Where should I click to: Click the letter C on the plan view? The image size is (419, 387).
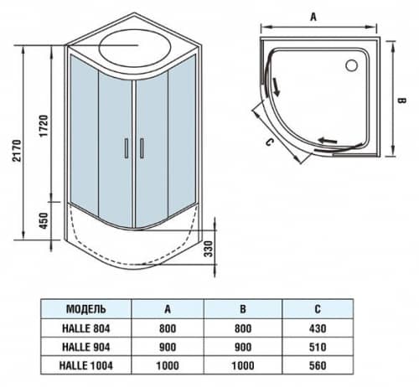click(x=269, y=143)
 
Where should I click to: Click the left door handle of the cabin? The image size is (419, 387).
click(x=126, y=147)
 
